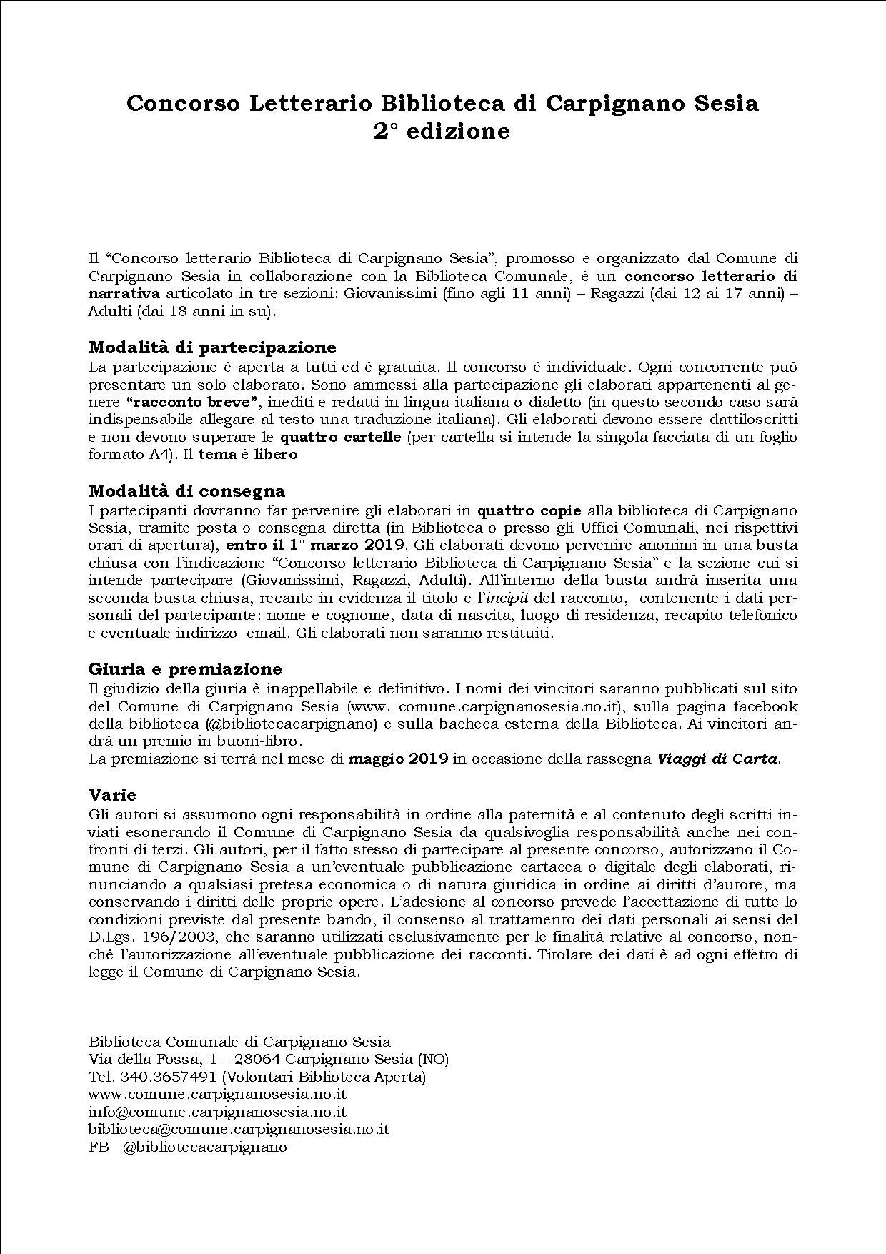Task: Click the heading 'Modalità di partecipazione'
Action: click(x=212, y=347)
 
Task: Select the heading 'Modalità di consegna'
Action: click(x=186, y=491)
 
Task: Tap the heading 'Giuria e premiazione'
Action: click(x=185, y=669)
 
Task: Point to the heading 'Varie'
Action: click(x=112, y=794)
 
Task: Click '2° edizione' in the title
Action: click(x=442, y=132)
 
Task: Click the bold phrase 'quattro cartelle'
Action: click(x=340, y=437)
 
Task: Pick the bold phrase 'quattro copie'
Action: click(x=529, y=510)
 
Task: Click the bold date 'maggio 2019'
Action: click(x=398, y=759)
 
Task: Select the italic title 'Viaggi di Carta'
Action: click(x=717, y=759)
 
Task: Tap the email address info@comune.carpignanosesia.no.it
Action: click(x=217, y=1112)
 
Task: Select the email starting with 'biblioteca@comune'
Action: click(x=239, y=1130)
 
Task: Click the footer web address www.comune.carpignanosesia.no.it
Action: click(x=217, y=1095)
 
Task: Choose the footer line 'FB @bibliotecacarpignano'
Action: click(x=187, y=1147)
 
